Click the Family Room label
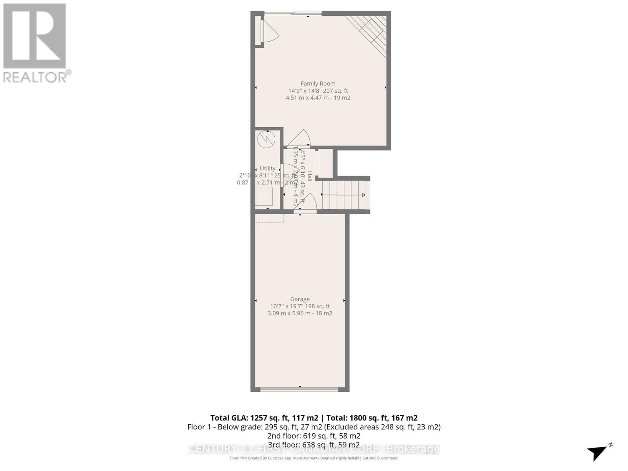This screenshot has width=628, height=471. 318,83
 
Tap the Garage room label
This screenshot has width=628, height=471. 300,299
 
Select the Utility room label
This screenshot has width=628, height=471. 267,168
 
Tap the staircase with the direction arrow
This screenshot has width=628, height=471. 344,195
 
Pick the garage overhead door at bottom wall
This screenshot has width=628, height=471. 299,389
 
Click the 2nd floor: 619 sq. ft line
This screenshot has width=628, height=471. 314,436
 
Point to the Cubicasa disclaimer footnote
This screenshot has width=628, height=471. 314,458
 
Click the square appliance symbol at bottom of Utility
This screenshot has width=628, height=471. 263,197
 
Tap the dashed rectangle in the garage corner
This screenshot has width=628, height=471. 270,218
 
